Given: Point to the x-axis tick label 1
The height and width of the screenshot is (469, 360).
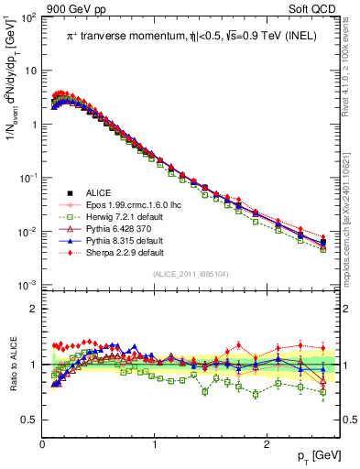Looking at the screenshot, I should [154, 444].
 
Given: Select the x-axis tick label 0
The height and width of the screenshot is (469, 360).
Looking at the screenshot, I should [42, 444].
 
